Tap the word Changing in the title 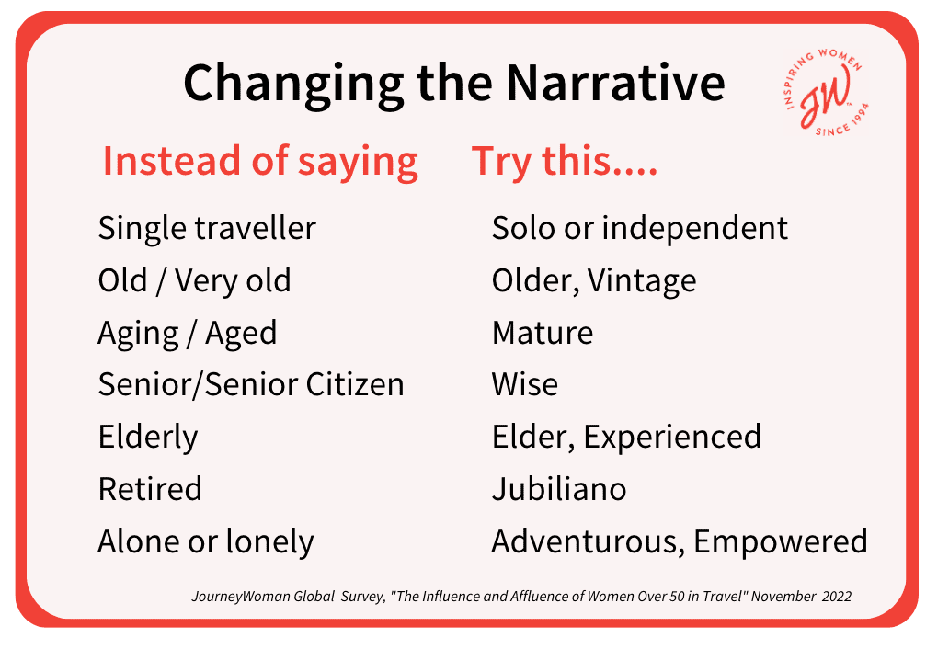pyautogui.click(x=293, y=85)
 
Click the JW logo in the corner pyautogui.click(x=826, y=91)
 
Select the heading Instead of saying pyautogui.click(x=260, y=162)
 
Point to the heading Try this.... pyautogui.click(x=565, y=162)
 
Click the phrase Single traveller pyautogui.click(x=207, y=228)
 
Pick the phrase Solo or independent pyautogui.click(x=640, y=229)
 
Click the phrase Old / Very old pyautogui.click(x=194, y=280)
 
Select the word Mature pyautogui.click(x=543, y=333)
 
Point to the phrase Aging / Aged pyautogui.click(x=188, y=334)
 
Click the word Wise pyautogui.click(x=525, y=384)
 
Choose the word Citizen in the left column pyautogui.click(x=355, y=384)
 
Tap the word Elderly pyautogui.click(x=148, y=438)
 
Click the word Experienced pyautogui.click(x=672, y=438)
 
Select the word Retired pyautogui.click(x=150, y=489)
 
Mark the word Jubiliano pyautogui.click(x=559, y=489)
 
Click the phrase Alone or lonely pyautogui.click(x=206, y=542)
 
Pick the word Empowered pyautogui.click(x=780, y=542)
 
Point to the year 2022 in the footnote pyautogui.click(x=837, y=597)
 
